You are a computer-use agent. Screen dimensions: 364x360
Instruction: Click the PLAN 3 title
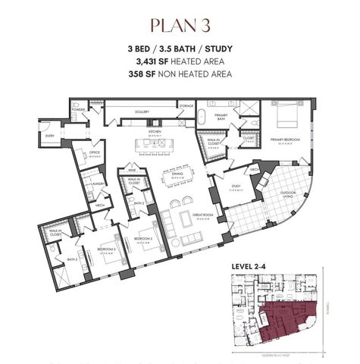[x=180, y=25]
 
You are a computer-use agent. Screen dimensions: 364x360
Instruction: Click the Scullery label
[x=142, y=111]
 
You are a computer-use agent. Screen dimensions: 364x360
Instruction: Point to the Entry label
[x=71, y=136]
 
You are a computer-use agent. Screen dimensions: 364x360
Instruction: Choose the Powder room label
[x=79, y=108]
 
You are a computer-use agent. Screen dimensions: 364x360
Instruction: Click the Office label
[x=95, y=152]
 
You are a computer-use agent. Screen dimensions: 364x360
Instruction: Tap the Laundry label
[x=96, y=184]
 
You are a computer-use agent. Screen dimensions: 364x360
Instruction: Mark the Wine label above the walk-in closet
[x=132, y=170]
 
